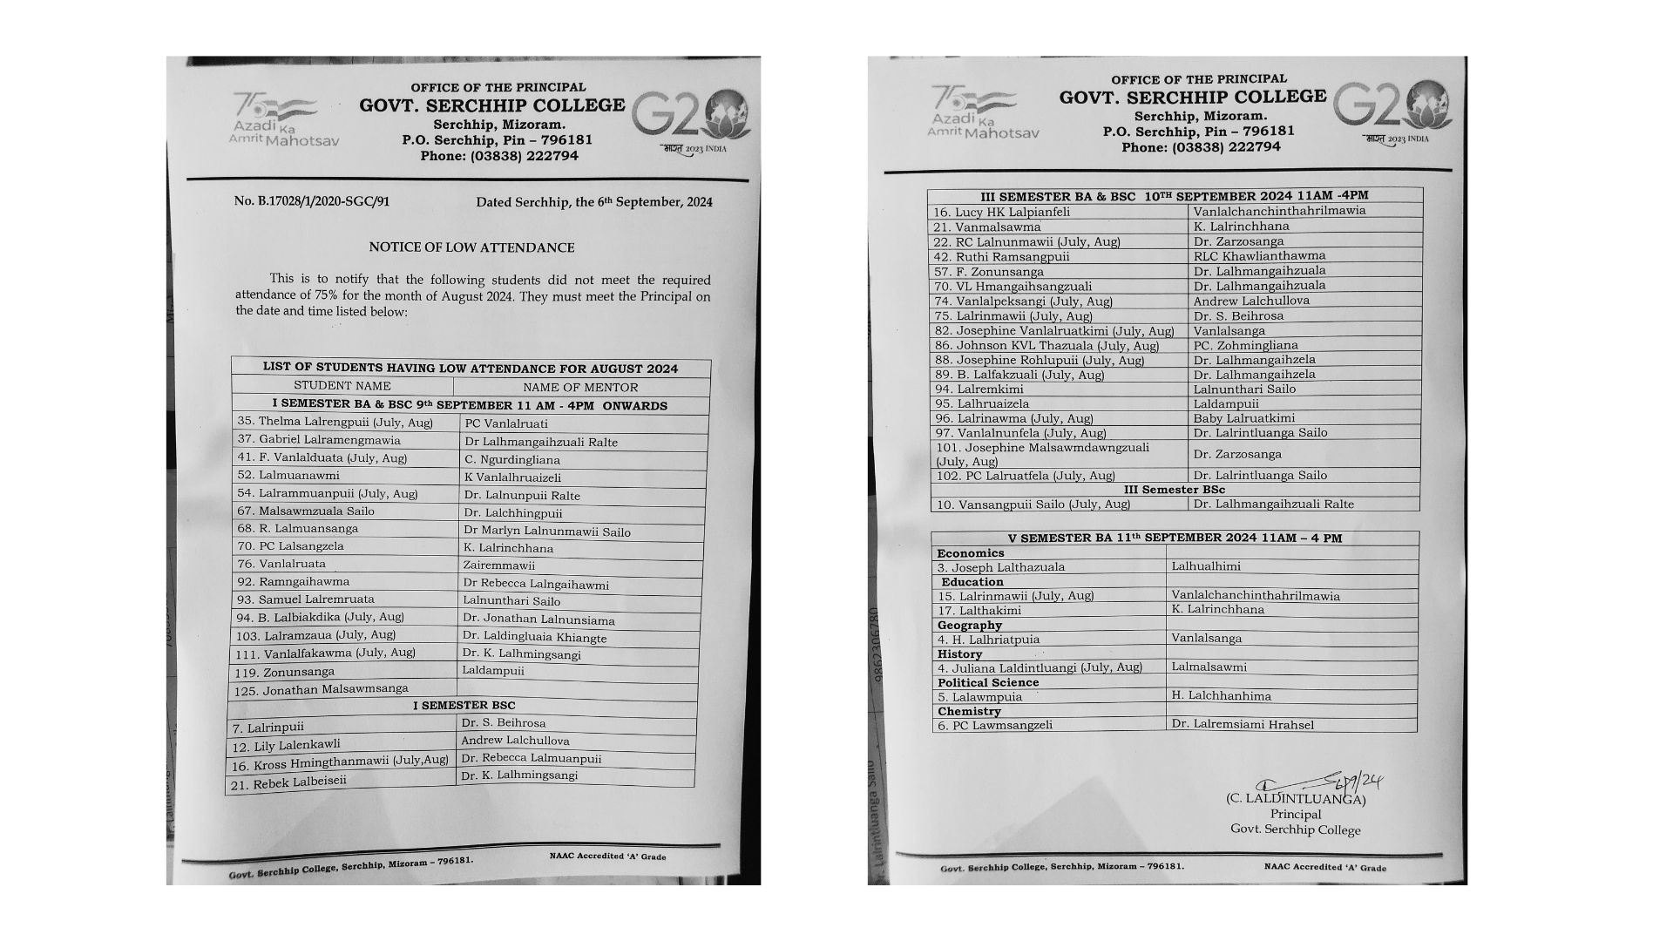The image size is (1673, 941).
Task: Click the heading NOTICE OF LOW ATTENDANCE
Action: click(x=471, y=247)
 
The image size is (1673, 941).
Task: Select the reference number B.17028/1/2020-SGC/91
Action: click(x=312, y=201)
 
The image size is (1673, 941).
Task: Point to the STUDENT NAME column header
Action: click(x=342, y=386)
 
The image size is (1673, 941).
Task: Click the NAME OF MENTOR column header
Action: click(x=580, y=387)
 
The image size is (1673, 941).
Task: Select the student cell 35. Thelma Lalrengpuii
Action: click(x=335, y=422)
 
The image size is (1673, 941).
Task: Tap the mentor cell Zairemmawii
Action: click(x=499, y=565)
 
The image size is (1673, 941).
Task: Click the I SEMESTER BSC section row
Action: click(x=464, y=705)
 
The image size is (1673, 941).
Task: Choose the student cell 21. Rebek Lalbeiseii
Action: click(x=288, y=782)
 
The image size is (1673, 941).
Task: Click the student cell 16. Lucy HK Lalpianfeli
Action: click(x=1001, y=212)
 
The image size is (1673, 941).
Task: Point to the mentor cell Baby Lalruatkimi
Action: click(x=1244, y=418)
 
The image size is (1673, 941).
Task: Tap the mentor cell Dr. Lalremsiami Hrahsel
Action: click(x=1243, y=724)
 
